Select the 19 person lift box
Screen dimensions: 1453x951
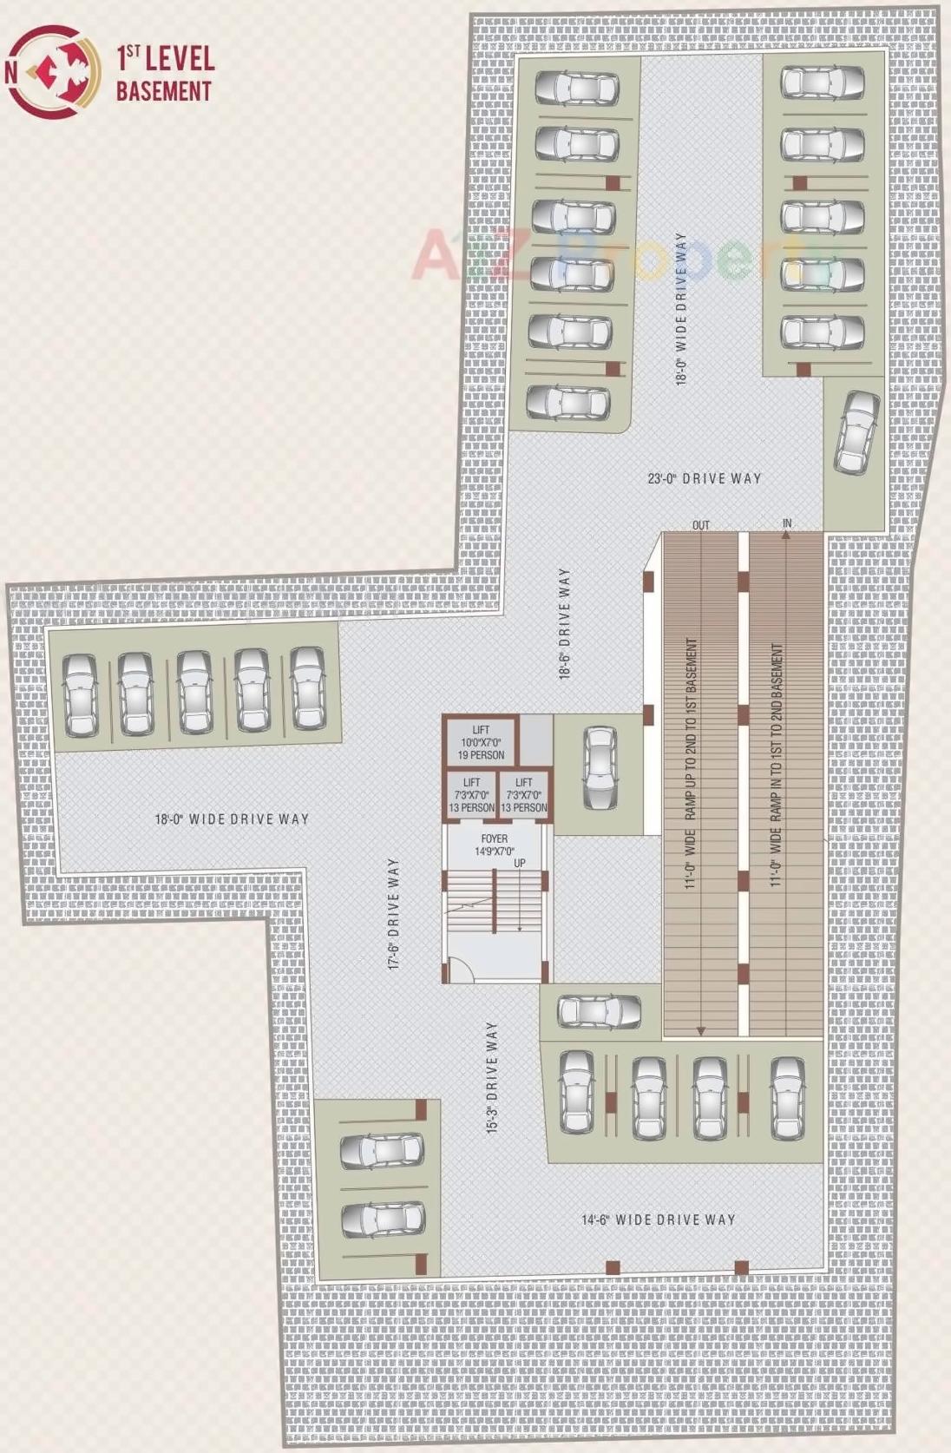pos(481,742)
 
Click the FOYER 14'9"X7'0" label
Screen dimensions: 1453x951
pos(495,845)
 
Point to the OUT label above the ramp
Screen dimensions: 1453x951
pos(701,525)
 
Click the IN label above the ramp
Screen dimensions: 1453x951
pos(787,523)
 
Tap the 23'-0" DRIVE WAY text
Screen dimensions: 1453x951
pos(704,478)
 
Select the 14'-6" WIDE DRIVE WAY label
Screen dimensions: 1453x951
pos(658,1220)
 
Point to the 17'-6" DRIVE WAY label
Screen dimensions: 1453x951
pos(393,914)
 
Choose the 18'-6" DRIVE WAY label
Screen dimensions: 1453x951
pos(565,624)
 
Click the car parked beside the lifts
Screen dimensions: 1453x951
pos(600,768)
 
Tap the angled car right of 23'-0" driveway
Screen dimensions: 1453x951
pos(857,432)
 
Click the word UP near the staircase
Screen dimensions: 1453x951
pos(519,863)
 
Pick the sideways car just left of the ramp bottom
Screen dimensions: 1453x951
pos(600,1011)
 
